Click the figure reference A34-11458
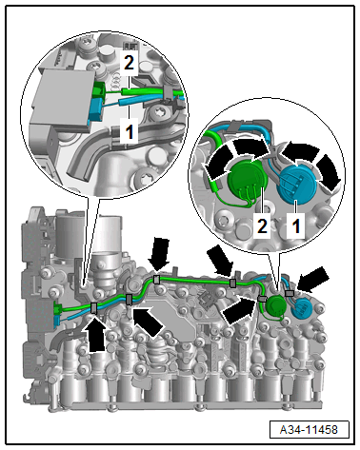pos(309,430)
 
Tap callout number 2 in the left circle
pos(129,63)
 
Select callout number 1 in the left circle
pos(130,130)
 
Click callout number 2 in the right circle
pos(262,226)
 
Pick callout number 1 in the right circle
pos(296,226)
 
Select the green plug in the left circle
pos(99,89)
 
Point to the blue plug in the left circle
pos(95,108)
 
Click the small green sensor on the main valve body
pos(275,305)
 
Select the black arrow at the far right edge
pos(312,280)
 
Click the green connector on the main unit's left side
pos(58,308)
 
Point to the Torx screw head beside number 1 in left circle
pos(157,112)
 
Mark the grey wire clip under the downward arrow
pos(156,280)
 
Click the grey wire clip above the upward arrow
pos(94,307)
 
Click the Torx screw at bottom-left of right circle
pos(224,220)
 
